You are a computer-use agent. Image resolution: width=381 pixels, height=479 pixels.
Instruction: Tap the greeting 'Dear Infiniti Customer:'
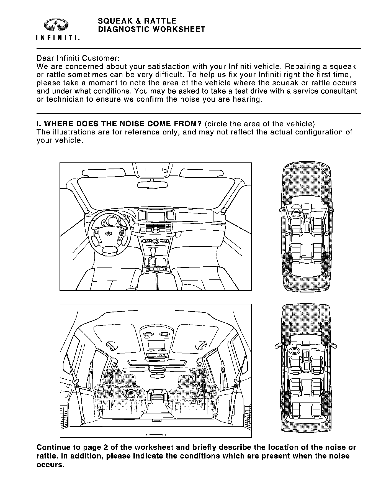pyautogui.click(x=78, y=58)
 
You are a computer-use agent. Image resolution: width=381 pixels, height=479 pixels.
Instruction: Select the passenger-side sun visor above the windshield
pyautogui.click(x=202, y=173)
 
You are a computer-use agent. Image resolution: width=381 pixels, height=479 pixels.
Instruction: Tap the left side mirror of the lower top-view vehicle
pyautogui.click(x=278, y=346)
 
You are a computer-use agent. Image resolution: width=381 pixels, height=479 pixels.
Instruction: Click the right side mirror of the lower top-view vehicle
pyautogui.click(x=334, y=346)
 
